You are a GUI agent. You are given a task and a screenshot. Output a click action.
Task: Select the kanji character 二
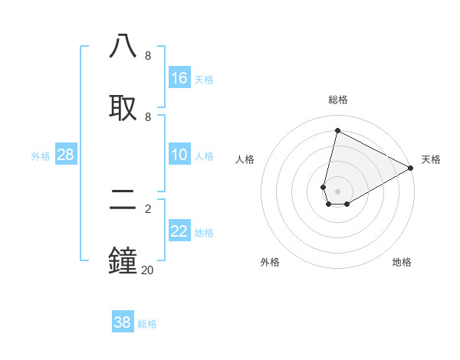(x=123, y=199)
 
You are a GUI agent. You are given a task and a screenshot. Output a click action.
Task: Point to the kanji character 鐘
(x=123, y=260)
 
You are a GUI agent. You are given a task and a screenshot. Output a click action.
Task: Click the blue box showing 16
(x=179, y=78)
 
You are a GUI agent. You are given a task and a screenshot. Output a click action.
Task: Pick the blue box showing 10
(x=179, y=155)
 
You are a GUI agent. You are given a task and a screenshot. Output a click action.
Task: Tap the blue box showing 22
(x=179, y=231)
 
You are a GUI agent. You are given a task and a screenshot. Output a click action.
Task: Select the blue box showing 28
(x=66, y=155)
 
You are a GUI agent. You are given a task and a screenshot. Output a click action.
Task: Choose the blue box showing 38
(x=123, y=322)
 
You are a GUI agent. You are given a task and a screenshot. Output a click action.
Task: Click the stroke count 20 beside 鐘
(x=147, y=270)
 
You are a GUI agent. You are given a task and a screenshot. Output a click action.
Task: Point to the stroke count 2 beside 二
(x=147, y=208)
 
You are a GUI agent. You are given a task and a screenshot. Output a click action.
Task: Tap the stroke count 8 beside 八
(x=147, y=56)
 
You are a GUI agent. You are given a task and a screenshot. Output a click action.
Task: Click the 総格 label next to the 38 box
(x=147, y=324)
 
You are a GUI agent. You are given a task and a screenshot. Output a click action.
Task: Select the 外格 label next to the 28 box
(x=41, y=156)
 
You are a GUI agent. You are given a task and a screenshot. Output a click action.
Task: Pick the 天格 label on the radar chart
(x=431, y=159)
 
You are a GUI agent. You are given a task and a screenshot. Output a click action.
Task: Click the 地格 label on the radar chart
(x=402, y=262)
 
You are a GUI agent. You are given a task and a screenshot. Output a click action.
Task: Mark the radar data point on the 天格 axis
(x=411, y=168)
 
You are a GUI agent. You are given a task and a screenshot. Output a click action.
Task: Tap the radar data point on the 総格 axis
(x=337, y=130)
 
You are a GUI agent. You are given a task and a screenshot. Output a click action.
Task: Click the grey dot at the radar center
(x=337, y=191)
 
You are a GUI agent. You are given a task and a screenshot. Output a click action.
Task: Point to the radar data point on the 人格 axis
(x=324, y=187)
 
